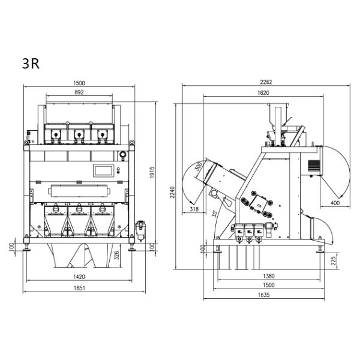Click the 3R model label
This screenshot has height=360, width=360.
click(31, 64)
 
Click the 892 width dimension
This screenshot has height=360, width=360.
click(79, 92)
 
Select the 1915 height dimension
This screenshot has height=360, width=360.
click(152, 172)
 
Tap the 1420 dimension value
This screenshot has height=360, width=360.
click(79, 277)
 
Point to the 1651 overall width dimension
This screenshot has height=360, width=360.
click(79, 288)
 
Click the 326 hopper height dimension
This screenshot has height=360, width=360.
click(116, 256)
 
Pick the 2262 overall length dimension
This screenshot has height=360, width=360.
click(266, 82)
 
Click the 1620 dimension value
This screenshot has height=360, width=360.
click(263, 93)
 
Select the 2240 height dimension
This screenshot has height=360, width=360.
click(172, 193)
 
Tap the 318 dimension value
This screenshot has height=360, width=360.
click(194, 209)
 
